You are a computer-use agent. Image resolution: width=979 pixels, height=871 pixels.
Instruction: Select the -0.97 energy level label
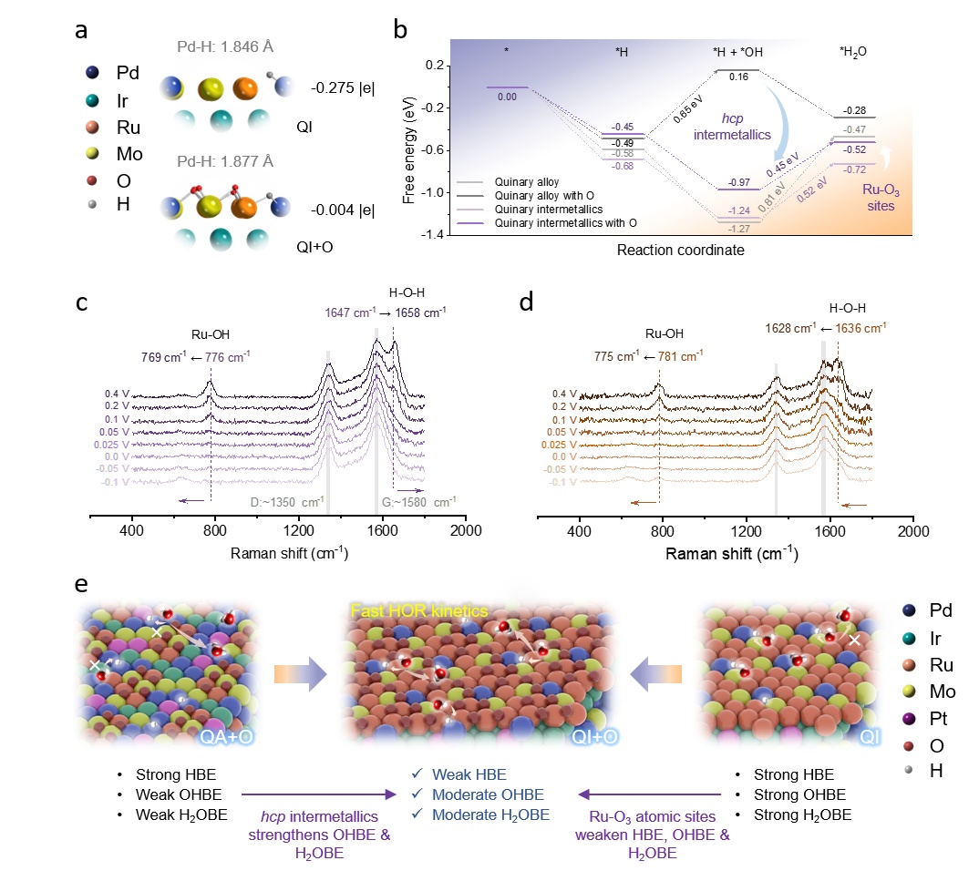[738, 182]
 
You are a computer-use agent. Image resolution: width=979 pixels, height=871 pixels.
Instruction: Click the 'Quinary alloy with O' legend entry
[537, 195]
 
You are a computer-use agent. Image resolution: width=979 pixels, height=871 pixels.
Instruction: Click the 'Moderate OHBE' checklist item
[479, 794]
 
